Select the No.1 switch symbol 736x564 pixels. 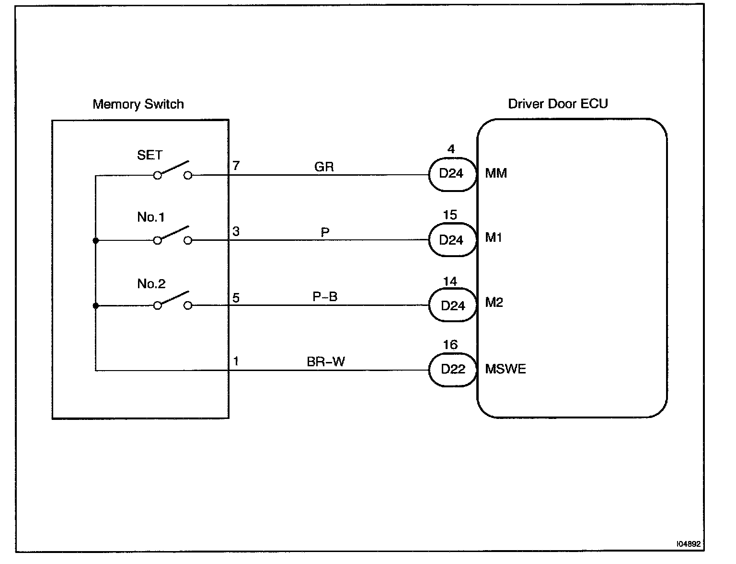[172, 236]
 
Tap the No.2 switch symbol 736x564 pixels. [172, 301]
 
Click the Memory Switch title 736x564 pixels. [138, 104]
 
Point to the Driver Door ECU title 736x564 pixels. [558, 104]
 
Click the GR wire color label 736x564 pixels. [324, 167]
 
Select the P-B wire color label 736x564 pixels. [325, 297]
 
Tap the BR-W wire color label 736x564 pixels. [326, 361]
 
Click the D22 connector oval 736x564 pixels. [452, 370]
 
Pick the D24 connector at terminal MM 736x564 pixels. [452, 174]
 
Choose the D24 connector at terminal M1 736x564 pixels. [452, 239]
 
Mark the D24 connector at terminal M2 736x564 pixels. [452, 305]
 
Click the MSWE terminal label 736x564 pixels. [506, 369]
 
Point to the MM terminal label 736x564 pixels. [496, 173]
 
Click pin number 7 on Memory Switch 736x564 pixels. [236, 166]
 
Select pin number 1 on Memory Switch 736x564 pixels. [236, 361]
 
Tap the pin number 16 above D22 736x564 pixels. [450, 345]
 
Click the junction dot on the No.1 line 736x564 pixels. [96, 240]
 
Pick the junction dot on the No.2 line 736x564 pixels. [96, 305]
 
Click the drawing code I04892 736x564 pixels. [689, 544]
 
